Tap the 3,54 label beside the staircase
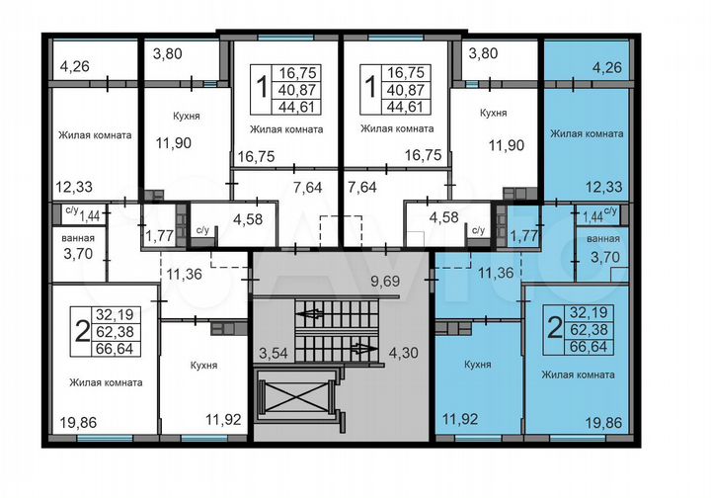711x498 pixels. tap(273, 351)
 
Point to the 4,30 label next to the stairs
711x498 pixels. tap(403, 351)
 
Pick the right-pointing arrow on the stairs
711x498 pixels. tap(362, 348)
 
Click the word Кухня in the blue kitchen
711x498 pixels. tap(477, 365)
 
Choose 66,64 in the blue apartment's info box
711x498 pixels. tap(590, 346)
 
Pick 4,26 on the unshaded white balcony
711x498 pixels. tap(75, 68)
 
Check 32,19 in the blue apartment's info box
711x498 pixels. tap(590, 310)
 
